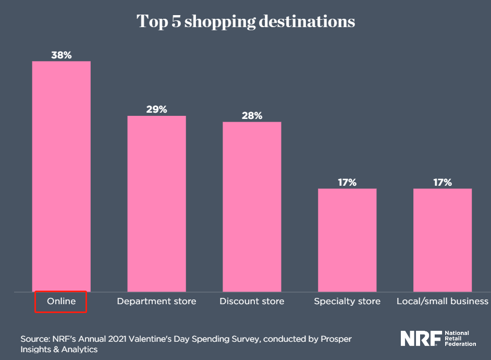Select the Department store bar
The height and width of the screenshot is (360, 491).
157,203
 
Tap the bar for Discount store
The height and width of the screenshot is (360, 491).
252,207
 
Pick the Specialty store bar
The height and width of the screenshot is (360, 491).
347,240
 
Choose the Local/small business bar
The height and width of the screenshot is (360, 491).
443,240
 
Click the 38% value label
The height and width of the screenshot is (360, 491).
62,55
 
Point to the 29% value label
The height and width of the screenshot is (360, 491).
157,109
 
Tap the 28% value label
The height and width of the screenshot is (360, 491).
252,115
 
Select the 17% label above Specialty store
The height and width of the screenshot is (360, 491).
347,182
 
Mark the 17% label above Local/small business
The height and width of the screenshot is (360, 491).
443,182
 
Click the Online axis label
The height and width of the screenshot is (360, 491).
61,302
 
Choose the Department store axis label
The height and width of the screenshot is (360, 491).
156,302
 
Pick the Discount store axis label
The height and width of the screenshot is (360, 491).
252,302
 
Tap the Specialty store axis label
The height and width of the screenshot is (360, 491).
347,302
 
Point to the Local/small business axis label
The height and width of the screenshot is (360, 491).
443,302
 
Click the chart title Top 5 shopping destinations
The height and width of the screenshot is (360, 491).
245,22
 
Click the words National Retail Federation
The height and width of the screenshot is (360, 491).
460,338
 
